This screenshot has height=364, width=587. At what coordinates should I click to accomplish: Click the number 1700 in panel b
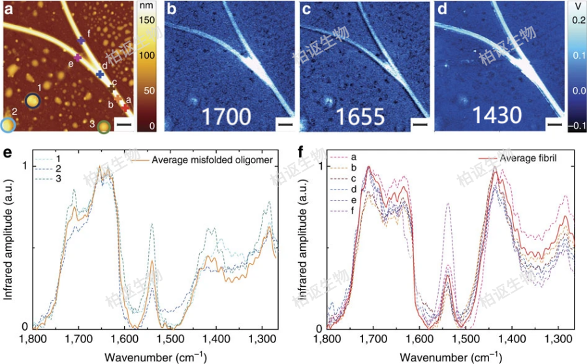coord(227,116)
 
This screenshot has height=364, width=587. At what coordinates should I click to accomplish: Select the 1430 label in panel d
coord(498,116)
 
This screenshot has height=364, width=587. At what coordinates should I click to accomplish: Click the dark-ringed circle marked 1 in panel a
coord(33,100)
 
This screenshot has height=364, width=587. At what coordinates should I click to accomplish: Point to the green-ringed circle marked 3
coord(103,127)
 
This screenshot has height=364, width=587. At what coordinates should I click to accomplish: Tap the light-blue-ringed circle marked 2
coord(8,125)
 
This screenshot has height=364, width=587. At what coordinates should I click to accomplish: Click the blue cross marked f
coord(82,41)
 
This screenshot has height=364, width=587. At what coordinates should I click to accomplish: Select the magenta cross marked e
coord(78,58)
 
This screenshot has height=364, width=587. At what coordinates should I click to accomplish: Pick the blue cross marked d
coord(100,74)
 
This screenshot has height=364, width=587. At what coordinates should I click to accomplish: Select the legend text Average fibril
coord(526,159)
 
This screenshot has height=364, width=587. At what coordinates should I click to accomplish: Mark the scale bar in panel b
coord(284,123)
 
